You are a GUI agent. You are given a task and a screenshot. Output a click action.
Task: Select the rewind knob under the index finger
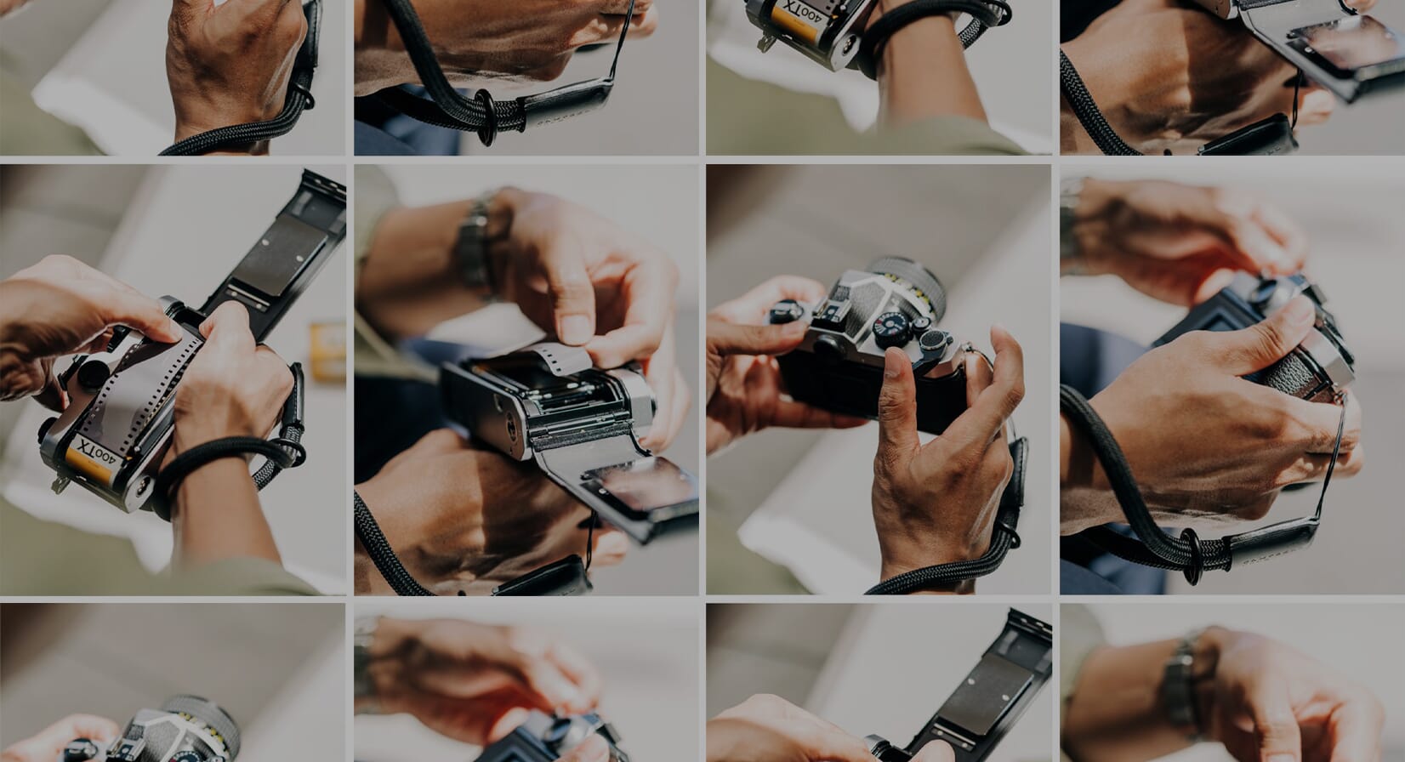(788, 313)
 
